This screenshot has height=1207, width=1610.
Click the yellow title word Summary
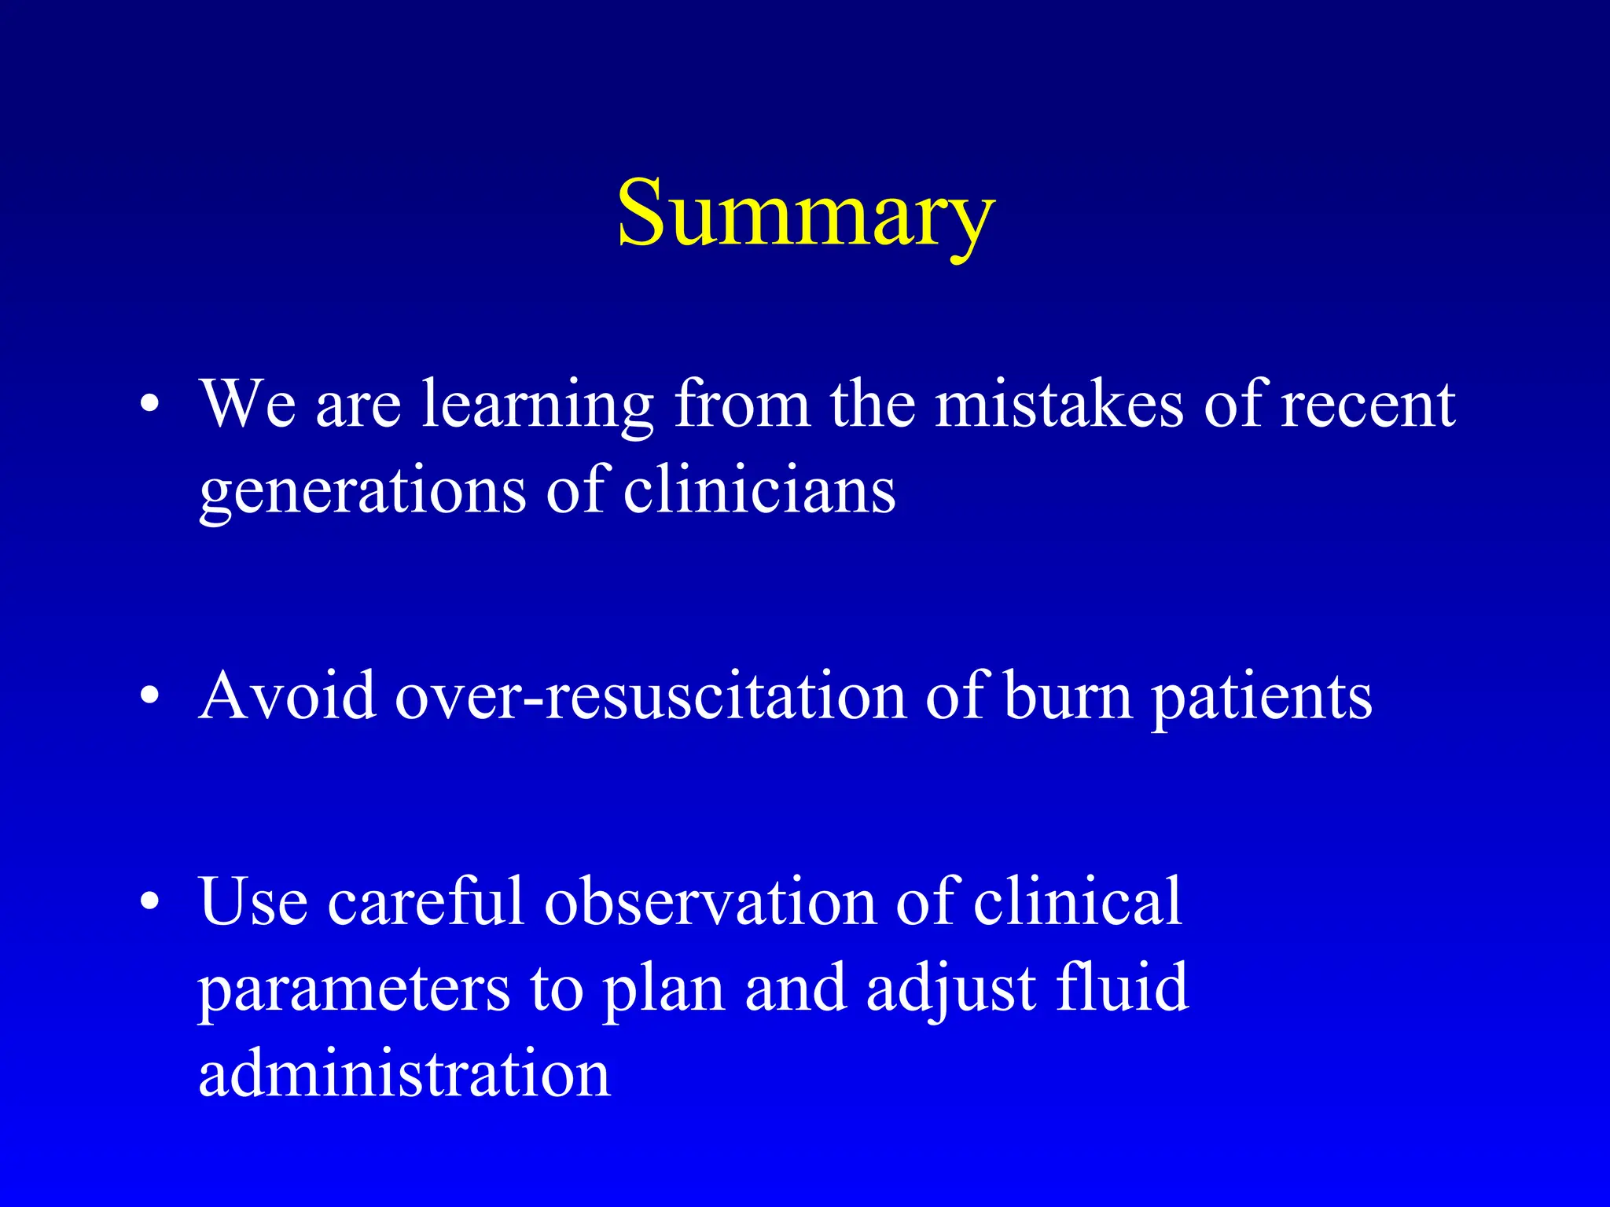(806, 214)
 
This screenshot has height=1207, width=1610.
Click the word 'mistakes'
(1058, 404)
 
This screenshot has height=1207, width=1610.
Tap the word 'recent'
(1368, 405)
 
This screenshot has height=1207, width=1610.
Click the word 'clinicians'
(759, 490)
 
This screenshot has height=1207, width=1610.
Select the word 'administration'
(404, 1073)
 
